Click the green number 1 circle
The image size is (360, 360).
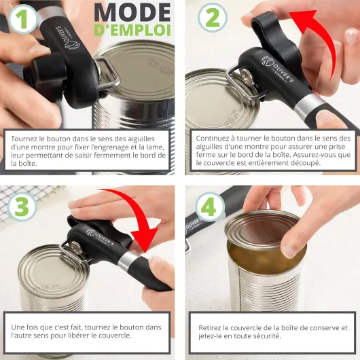pos(23,19)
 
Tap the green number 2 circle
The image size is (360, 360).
pos(213,18)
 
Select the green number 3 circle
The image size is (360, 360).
pos(22,206)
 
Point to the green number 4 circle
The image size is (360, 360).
pos(209,207)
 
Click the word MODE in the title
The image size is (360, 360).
pos(132,13)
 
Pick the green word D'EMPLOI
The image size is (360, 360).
pos(132,30)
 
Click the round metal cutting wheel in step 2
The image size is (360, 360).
pos(246,75)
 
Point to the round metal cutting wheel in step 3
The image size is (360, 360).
pos(75,247)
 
